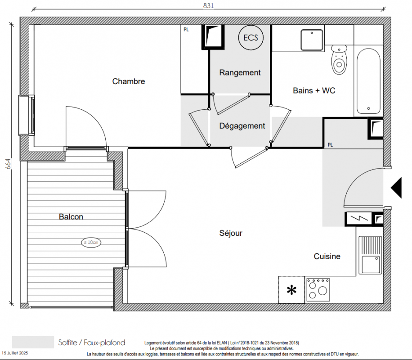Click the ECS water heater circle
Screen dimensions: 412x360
251,37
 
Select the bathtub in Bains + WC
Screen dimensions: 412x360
368,81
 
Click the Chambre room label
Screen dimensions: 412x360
129,81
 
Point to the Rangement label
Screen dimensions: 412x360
240,72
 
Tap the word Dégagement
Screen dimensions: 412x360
242,126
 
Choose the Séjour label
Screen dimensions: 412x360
231,233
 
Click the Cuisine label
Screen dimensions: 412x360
327,256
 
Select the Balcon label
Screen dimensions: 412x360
71,217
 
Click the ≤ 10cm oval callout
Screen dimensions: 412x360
91,242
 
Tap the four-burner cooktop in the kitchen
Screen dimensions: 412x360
318,290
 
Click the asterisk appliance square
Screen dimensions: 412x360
291,290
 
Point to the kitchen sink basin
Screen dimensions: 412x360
371,264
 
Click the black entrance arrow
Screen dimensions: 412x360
397,188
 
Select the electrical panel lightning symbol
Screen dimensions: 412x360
358,218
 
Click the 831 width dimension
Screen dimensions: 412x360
208,5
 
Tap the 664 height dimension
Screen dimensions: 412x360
8,164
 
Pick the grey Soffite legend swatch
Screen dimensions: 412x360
33,342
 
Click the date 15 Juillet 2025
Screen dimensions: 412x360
15,353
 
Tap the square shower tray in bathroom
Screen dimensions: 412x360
312,40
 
